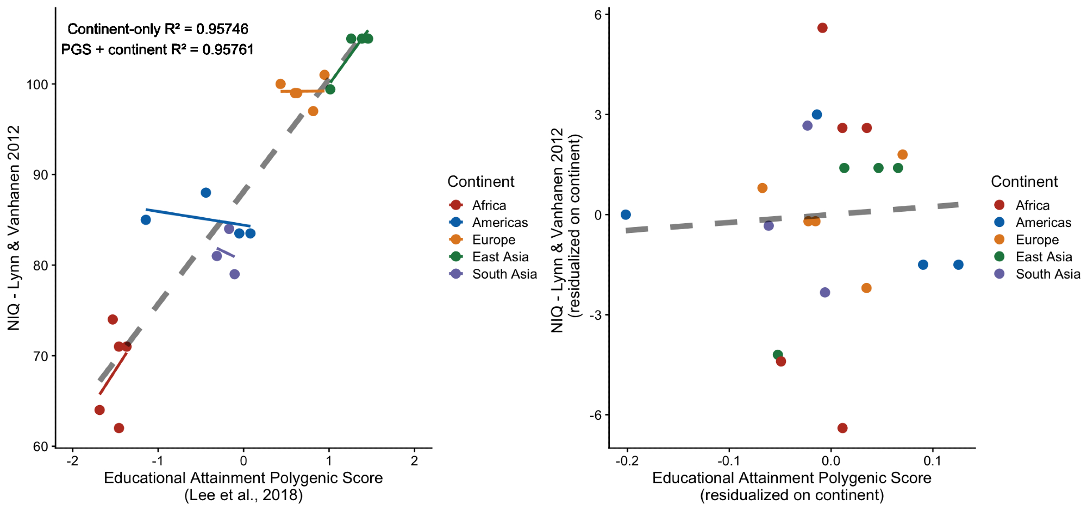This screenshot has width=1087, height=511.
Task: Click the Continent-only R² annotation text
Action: [158, 29]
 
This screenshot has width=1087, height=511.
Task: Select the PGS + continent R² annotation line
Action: [158, 49]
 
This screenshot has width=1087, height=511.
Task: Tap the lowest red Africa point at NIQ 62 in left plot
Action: [119, 428]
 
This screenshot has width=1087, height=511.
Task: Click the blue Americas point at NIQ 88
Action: [206, 193]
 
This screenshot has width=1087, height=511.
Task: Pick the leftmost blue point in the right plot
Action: [626, 215]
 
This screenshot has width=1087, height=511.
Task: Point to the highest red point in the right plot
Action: [822, 28]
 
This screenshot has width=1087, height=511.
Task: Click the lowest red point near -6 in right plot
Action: [842, 428]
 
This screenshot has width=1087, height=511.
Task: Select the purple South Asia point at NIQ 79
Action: [234, 274]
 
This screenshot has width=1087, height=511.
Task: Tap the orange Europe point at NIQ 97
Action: [313, 111]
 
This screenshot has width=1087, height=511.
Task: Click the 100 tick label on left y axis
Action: [38, 85]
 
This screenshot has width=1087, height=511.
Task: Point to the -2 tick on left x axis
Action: [72, 461]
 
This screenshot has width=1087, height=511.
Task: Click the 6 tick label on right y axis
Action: [598, 15]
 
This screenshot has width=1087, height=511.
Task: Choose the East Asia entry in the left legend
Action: [500, 257]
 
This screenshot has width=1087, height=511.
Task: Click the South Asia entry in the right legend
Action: [1047, 274]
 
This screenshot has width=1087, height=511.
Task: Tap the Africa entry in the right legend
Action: [1032, 205]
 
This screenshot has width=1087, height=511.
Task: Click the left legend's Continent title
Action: [480, 181]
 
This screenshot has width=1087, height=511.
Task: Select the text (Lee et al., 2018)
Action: [243, 495]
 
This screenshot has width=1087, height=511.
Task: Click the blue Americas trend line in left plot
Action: [196, 217]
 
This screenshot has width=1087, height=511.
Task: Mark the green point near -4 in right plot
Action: [778, 355]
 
